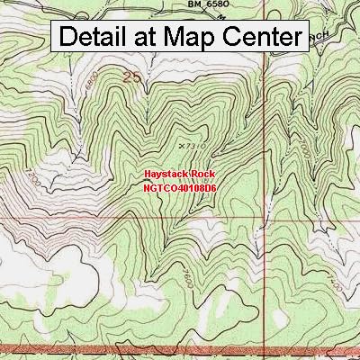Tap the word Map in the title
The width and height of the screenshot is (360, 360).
pyautogui.click(x=193, y=37)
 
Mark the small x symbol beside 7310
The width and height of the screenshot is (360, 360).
pyautogui.click(x=183, y=144)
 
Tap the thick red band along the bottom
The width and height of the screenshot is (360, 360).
pyautogui.click(x=180, y=348)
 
